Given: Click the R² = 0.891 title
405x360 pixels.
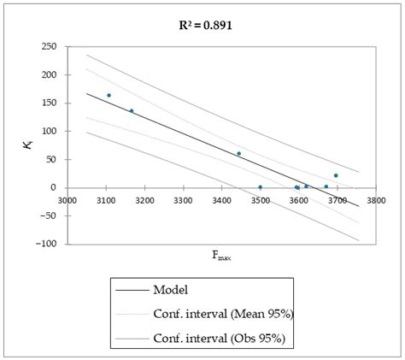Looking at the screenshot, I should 202,25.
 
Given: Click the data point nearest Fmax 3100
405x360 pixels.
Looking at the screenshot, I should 109,95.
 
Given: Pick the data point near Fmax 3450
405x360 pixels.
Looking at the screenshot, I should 238,154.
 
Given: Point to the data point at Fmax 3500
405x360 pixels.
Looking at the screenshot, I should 261,187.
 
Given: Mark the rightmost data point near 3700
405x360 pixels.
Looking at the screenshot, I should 336,175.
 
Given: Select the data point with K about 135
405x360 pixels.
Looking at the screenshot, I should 132,110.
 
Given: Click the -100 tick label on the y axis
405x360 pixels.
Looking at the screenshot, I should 45,244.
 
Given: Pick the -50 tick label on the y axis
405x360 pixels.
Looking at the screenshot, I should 48,215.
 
